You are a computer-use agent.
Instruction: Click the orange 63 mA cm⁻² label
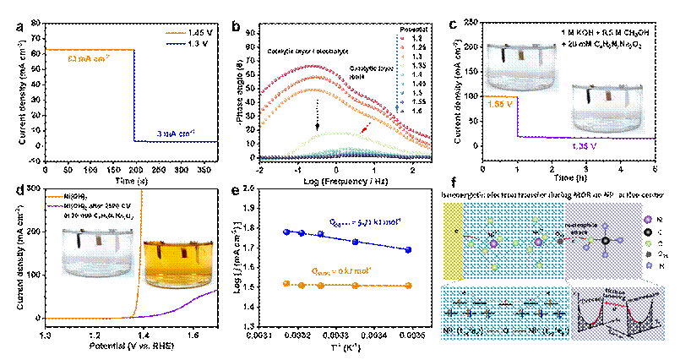click(x=90, y=59)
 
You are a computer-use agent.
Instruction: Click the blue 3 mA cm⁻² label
click(x=177, y=133)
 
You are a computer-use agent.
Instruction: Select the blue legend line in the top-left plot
click(x=176, y=43)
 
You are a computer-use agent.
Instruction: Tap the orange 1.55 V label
click(x=500, y=102)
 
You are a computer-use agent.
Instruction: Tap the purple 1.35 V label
click(x=585, y=145)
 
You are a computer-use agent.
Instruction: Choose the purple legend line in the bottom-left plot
click(x=56, y=205)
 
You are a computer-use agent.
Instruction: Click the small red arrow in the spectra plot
click(x=365, y=128)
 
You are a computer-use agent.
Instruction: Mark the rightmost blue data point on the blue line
click(x=409, y=250)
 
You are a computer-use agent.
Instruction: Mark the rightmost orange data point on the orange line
click(x=409, y=286)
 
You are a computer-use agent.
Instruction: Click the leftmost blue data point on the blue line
click(x=286, y=232)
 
